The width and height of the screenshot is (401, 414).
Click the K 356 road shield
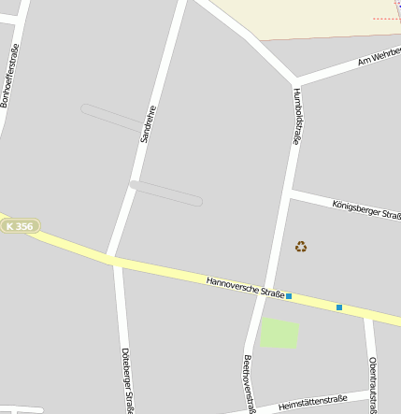(19, 226)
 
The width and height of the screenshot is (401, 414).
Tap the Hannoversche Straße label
(245, 286)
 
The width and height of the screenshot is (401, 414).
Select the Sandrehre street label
(147, 123)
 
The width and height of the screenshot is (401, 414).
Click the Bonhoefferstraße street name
(11, 75)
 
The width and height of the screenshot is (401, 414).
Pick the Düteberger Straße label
(127, 379)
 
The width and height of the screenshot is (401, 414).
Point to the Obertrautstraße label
(373, 383)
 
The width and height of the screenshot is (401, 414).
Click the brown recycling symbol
(301, 247)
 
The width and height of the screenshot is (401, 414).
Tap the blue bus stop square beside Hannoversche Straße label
(289, 296)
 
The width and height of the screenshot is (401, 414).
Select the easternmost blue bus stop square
(339, 307)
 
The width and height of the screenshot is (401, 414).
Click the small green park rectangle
(279, 334)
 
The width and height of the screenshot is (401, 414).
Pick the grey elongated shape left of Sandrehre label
(111, 117)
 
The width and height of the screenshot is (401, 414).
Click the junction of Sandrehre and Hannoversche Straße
(111, 259)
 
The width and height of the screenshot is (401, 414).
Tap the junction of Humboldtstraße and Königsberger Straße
(290, 192)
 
